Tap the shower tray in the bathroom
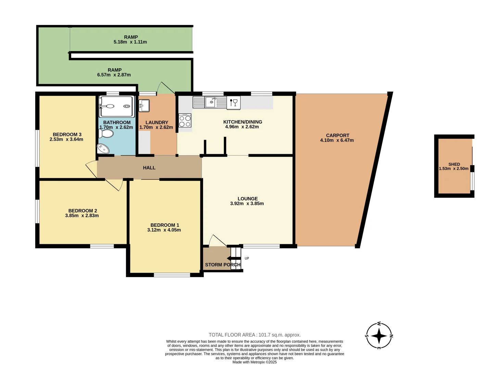116,107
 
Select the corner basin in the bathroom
103,149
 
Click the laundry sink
144,105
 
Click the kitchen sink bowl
210,102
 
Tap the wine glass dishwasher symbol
233,102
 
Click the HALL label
149,168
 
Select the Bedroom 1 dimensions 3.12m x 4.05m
164,230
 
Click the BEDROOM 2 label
83,211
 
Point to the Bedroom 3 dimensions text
66,139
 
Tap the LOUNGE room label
248,199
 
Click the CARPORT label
338,135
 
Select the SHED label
454,164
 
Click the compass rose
379,336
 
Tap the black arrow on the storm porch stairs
234,258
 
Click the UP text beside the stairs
247,258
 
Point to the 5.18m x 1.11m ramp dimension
130,42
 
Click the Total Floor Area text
254,335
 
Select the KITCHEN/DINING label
242,122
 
